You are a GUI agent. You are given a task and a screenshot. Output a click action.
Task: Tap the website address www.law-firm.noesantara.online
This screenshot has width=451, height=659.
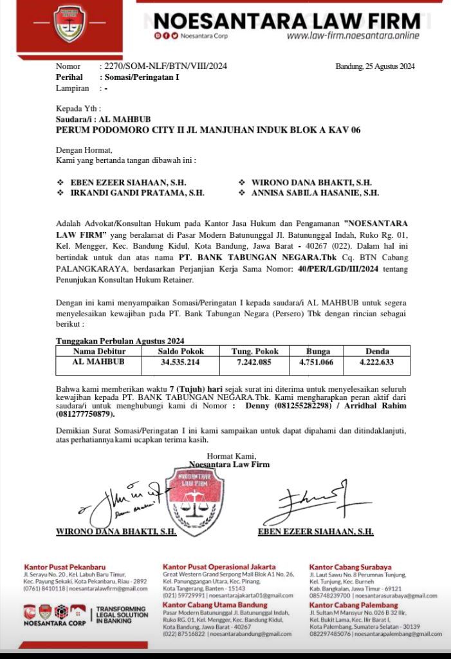pos(353,36)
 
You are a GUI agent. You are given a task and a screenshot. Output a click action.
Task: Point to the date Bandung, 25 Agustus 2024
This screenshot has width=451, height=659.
pos(375,66)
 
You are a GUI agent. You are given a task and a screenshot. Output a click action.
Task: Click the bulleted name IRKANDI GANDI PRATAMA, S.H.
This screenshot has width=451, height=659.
pos(137,193)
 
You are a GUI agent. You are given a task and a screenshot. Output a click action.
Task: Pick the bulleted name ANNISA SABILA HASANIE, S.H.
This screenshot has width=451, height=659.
pos(314,193)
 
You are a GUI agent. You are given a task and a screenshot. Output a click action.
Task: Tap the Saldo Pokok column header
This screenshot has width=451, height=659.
pos(181,352)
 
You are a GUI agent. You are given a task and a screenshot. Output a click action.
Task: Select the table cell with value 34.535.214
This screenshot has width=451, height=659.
pos(181,362)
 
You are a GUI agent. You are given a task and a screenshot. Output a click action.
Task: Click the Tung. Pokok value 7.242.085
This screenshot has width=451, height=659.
pos(255,362)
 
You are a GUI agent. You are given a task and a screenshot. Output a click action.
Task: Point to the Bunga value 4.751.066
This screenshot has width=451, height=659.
pos(317,362)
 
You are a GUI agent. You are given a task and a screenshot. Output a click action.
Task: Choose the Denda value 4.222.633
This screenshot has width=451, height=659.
pos(376,362)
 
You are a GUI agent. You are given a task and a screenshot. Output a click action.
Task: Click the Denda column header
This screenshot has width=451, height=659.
pos(376,352)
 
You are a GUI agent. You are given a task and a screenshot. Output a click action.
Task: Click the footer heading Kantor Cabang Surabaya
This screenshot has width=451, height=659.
pos(350,567)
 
